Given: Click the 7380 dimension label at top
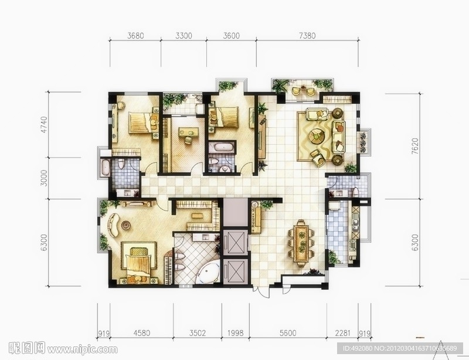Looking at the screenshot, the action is pos(307,36).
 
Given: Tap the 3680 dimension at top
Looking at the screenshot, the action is pos(135,36).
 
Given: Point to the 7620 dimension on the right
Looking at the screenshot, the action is pos(414,146).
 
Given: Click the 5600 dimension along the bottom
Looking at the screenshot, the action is pos(288,333).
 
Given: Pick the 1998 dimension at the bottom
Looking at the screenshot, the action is pos(236,333).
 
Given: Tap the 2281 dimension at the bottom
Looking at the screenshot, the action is pos(342,333).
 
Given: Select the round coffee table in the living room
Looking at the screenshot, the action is pos(317,136).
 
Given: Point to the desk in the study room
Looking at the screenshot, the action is pos(189,133).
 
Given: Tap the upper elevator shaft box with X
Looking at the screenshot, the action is pos(236,242).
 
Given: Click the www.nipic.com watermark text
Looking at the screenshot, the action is pos(82,349).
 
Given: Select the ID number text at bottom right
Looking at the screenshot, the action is pos(400,348).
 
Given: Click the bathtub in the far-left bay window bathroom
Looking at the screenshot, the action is pos(105,167).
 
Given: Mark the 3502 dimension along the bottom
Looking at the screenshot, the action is pos(197,333).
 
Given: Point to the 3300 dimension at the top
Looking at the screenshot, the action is pos(183,36).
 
